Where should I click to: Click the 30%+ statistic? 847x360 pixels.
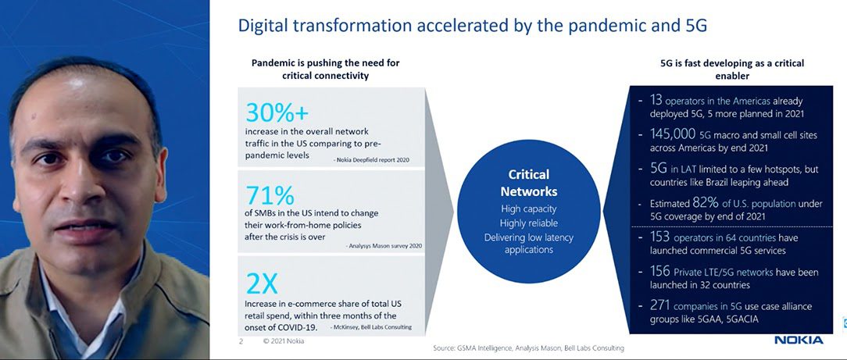tap(277, 112)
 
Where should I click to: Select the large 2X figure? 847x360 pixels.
tap(262, 283)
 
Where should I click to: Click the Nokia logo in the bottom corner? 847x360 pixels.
tap(799, 340)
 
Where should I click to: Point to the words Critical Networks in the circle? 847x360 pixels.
tap(528, 183)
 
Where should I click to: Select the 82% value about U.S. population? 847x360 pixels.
tap(705, 204)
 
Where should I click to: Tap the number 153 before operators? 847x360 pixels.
tap(659, 237)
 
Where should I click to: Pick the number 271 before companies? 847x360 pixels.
tap(659, 305)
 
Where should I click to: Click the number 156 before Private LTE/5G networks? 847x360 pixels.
tap(659, 272)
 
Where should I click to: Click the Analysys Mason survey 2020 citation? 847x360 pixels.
tap(384, 246)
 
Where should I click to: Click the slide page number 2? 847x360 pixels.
tap(241, 341)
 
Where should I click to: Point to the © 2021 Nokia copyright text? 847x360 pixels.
tap(284, 341)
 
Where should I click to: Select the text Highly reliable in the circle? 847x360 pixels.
tap(529, 223)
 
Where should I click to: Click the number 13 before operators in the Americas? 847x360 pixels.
tap(656, 101)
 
